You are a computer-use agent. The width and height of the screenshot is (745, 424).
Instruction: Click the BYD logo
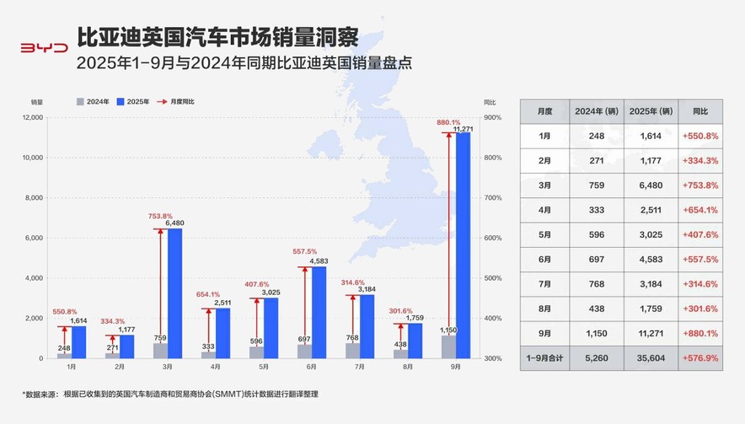[43, 48]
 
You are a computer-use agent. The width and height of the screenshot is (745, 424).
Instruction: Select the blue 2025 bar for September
[464, 245]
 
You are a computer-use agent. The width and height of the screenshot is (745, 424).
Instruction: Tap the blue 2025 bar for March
[174, 293]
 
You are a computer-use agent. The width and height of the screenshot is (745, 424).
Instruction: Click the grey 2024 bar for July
[352, 350]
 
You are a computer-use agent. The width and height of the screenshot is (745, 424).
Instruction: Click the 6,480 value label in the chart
[174, 223]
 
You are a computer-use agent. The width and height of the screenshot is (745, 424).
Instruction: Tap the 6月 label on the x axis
[312, 368]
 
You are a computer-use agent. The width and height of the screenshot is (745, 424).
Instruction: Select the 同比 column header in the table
[699, 111]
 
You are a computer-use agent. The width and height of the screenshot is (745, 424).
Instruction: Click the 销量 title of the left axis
[36, 101]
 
